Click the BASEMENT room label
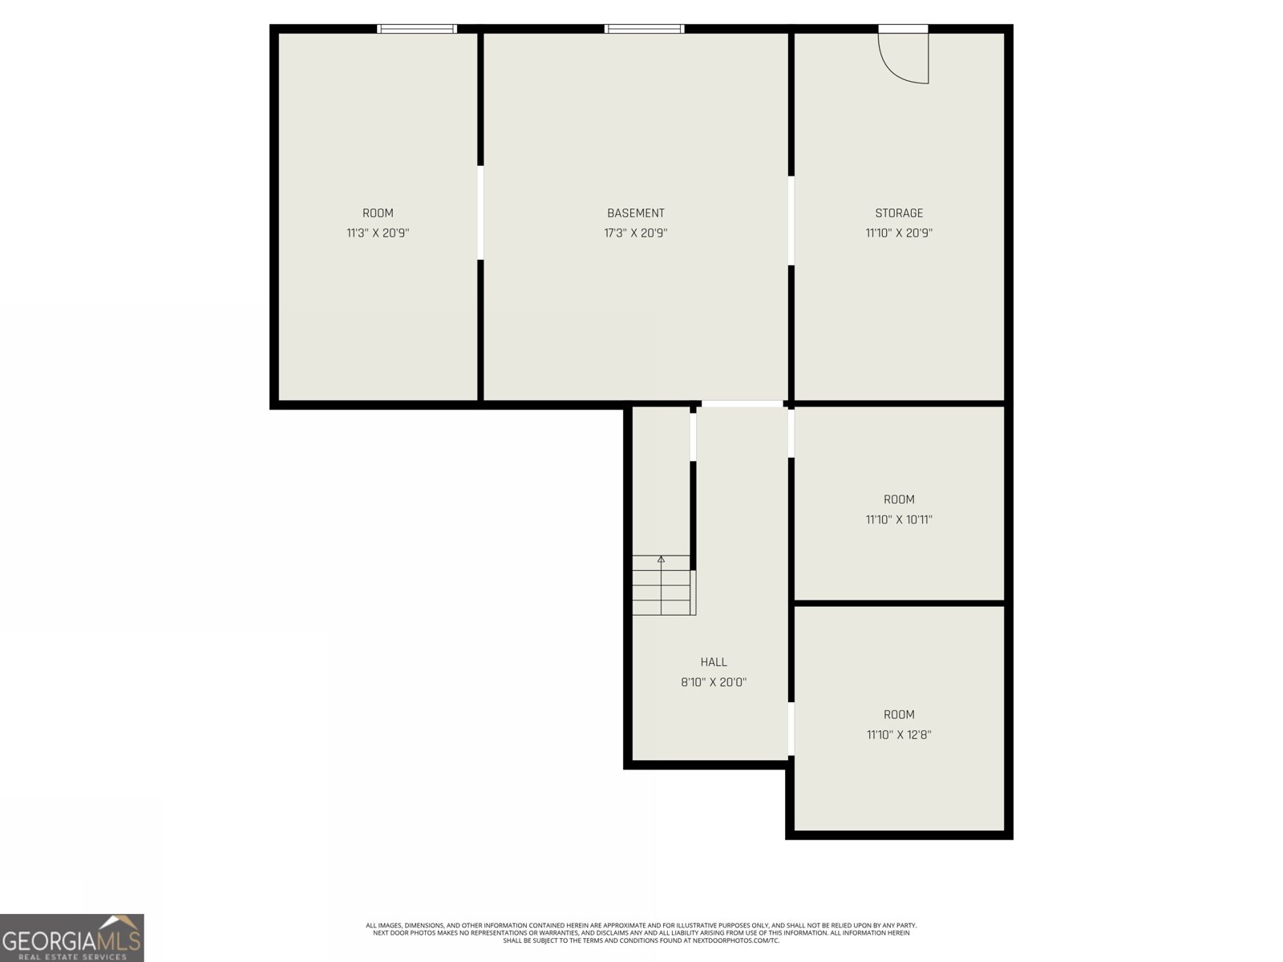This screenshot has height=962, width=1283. click(635, 213)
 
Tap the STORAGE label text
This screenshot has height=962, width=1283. click(898, 213)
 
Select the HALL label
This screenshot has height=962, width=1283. click(713, 662)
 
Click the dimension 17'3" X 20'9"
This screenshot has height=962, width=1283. click(635, 233)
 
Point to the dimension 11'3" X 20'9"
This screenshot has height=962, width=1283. click(378, 233)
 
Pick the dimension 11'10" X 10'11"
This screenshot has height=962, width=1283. click(898, 519)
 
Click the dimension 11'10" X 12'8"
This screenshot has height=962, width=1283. click(898, 734)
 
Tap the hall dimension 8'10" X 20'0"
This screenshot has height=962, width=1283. click(713, 682)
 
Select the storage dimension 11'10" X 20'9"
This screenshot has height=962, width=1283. click(898, 233)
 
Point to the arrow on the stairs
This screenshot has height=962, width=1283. click(662, 560)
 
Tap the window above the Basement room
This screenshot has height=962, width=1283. click(644, 29)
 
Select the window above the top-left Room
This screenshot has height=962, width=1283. click(417, 29)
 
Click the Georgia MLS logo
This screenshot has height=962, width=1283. click(72, 938)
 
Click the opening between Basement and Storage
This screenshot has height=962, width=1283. click(791, 220)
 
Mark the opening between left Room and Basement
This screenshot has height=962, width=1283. click(480, 212)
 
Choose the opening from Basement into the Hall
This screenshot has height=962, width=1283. click(742, 404)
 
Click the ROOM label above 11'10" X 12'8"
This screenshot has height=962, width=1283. click(898, 714)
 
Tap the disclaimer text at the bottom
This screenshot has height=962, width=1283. click(641, 932)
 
